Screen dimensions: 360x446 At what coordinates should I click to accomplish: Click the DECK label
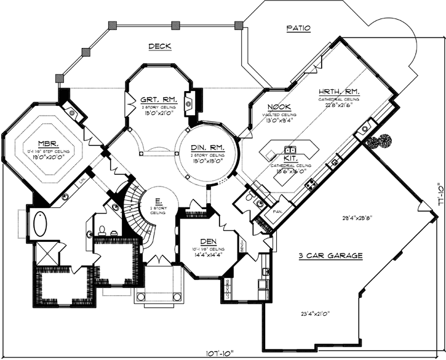tap(159, 47)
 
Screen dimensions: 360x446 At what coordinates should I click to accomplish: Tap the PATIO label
tap(298, 28)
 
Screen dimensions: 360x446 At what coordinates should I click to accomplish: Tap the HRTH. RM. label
tap(339, 91)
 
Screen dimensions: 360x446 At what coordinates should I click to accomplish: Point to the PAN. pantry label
tap(278, 212)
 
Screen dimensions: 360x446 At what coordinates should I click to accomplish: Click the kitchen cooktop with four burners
tap(312, 183)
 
